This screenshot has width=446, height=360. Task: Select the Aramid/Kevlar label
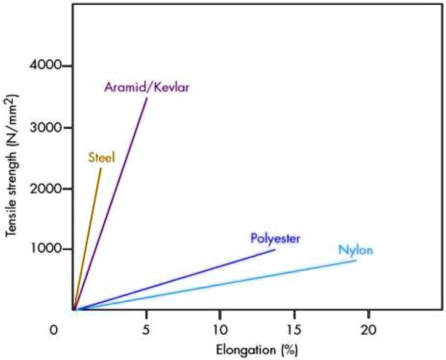point(146,88)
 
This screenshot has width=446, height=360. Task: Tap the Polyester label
point(276,238)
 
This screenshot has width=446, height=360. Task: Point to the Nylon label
point(356,251)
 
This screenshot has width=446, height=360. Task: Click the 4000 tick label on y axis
point(48,66)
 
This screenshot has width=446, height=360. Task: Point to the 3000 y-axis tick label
point(48,128)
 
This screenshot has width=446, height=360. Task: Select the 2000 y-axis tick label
point(48,188)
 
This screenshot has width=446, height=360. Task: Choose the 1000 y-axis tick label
point(48,249)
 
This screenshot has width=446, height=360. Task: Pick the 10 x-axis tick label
point(220,329)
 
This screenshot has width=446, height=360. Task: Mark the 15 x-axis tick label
point(294,329)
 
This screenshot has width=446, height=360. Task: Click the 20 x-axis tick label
point(368,329)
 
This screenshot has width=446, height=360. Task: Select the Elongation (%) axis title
point(256,349)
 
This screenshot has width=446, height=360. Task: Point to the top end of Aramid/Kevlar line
point(147,98)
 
